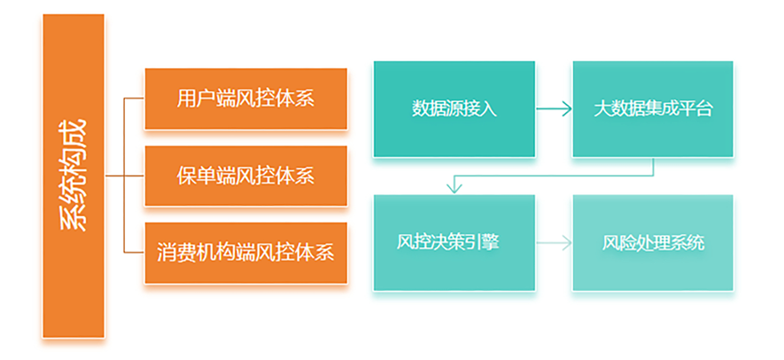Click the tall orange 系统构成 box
click(74, 176)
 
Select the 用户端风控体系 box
click(246, 99)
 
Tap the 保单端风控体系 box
click(246, 176)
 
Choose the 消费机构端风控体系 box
click(246, 253)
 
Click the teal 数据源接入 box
click(454, 109)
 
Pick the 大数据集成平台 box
click(653, 109)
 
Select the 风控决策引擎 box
click(454, 242)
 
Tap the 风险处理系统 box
click(653, 242)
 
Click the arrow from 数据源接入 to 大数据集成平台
click(554, 109)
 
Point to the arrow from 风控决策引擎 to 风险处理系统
click(554, 243)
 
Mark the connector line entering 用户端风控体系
click(134, 98)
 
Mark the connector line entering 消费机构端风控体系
click(134, 252)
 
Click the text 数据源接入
click(454, 109)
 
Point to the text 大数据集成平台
click(653, 109)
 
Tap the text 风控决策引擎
click(448, 242)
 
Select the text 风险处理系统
click(653, 243)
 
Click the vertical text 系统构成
click(73, 175)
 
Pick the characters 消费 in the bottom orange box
click(176, 252)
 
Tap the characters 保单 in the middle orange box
click(196, 175)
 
